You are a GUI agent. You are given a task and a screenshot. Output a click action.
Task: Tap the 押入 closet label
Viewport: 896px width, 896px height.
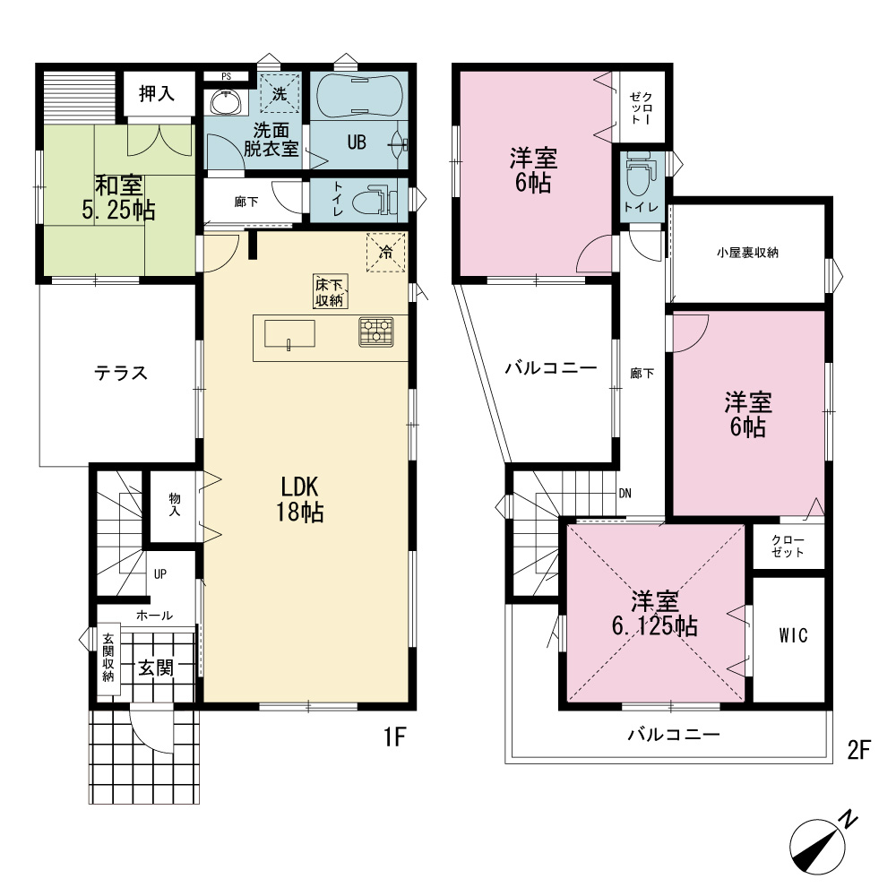157,93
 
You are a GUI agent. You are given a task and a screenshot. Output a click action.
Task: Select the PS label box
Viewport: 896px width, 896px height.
227,76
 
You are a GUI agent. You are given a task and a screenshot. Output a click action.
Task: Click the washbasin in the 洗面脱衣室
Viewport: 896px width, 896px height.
227,102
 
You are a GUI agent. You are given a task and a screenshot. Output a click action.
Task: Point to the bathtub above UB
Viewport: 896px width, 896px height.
359,96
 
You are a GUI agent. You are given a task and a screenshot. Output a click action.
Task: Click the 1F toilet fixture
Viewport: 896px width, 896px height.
375,201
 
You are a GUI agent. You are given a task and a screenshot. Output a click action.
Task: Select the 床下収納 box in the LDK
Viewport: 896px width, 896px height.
331,291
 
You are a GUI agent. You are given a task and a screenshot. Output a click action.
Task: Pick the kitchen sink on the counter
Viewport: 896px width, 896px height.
289,333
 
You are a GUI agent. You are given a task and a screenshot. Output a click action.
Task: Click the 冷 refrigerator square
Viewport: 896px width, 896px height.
385,252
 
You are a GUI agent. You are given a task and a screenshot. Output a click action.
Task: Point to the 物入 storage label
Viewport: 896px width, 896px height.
175,504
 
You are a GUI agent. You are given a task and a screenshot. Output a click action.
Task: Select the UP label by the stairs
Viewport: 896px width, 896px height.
160,573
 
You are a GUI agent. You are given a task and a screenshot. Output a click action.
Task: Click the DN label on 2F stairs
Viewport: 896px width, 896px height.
625,493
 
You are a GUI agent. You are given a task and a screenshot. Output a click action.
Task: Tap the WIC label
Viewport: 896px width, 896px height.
793,635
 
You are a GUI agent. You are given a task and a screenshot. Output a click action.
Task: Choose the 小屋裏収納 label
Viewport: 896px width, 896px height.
747,253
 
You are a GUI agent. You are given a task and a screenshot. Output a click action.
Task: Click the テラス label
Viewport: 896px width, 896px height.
121,373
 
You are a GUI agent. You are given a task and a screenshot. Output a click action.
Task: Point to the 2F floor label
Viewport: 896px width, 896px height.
859,750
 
